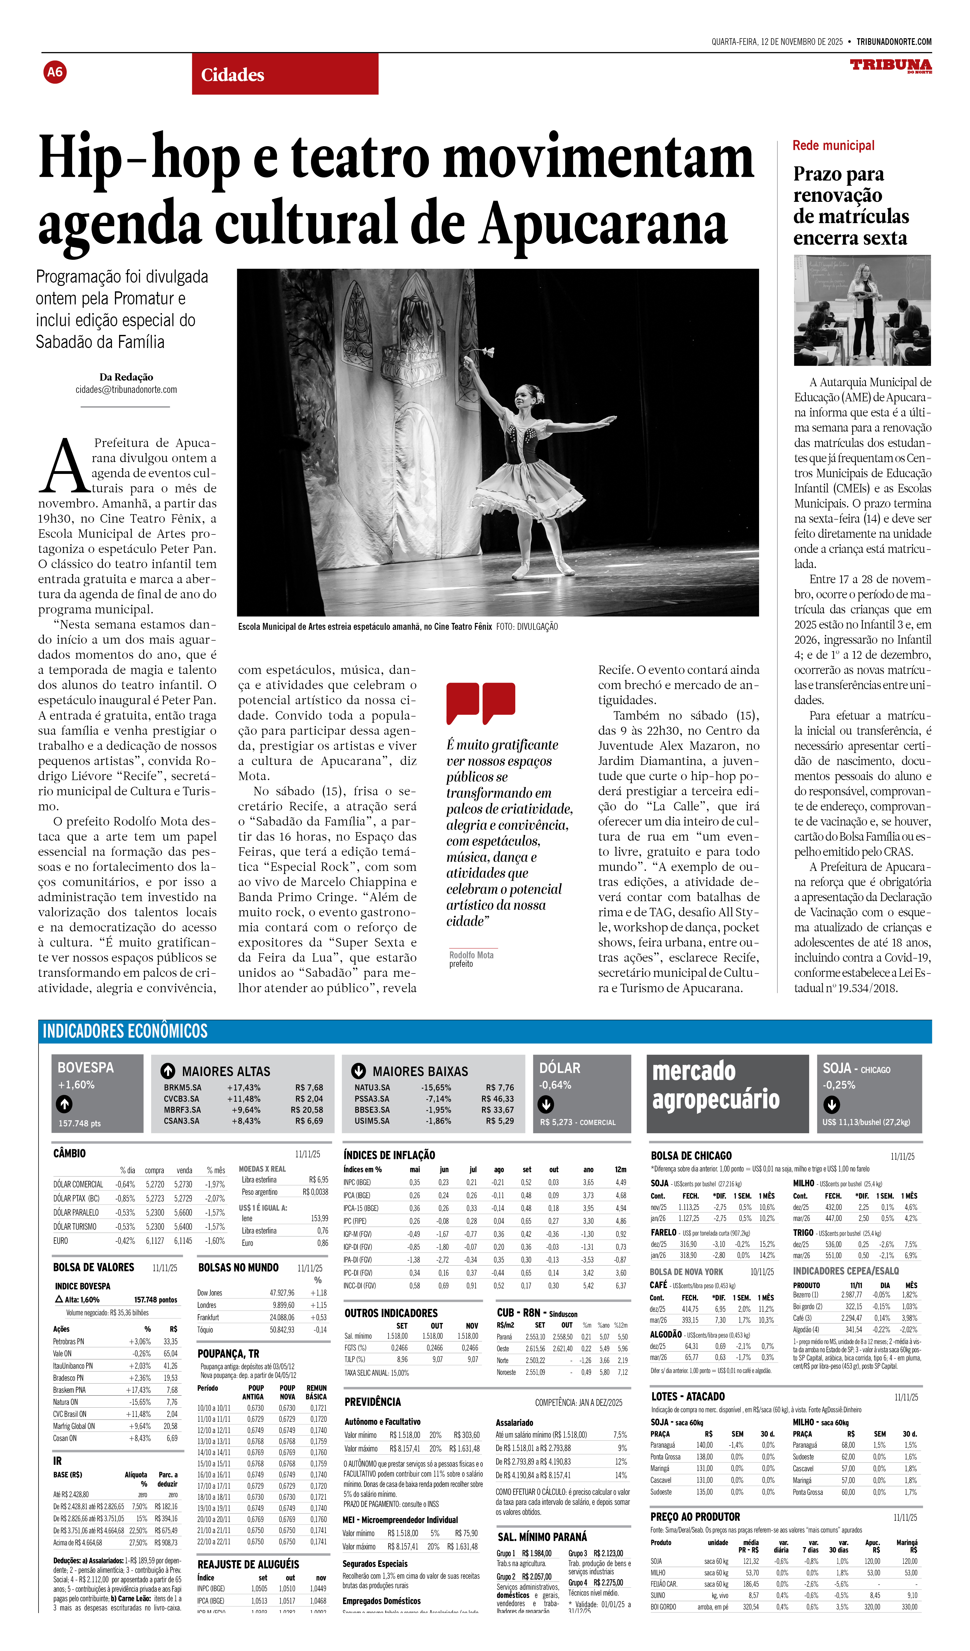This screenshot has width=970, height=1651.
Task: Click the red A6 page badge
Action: pyautogui.click(x=55, y=72)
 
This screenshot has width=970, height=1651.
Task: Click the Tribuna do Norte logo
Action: pyautogui.click(x=890, y=65)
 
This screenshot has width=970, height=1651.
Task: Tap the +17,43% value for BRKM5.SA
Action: pyautogui.click(x=244, y=1088)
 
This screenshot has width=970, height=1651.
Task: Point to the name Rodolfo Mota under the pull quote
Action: pyautogui.click(x=471, y=955)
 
